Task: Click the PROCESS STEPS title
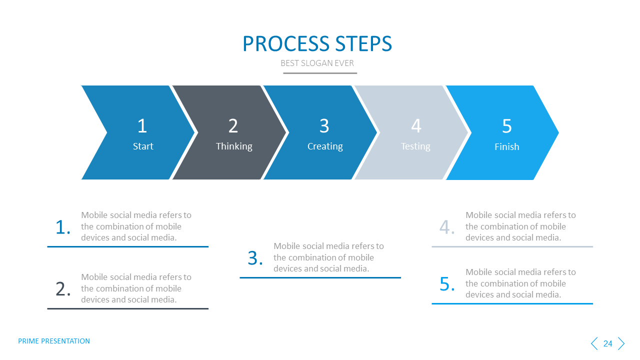pyautogui.click(x=317, y=44)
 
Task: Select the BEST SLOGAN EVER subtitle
pyautogui.click(x=317, y=63)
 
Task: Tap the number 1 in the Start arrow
pyautogui.click(x=142, y=126)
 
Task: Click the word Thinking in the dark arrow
pyautogui.click(x=234, y=146)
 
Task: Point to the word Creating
pyautogui.click(x=325, y=146)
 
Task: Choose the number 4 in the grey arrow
pyautogui.click(x=416, y=126)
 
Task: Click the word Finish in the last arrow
pyautogui.click(x=506, y=146)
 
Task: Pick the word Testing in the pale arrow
pyautogui.click(x=415, y=146)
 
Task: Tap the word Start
pyautogui.click(x=143, y=146)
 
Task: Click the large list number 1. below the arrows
pyautogui.click(x=62, y=227)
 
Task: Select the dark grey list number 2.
pyautogui.click(x=62, y=289)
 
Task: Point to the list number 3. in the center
pyautogui.click(x=255, y=258)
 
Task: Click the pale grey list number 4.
pyautogui.click(x=447, y=227)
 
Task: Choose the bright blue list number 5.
pyautogui.click(x=447, y=284)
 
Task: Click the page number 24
pyautogui.click(x=607, y=343)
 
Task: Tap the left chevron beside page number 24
pyautogui.click(x=594, y=343)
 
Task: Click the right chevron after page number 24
pyautogui.click(x=621, y=343)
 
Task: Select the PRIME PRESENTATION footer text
pyautogui.click(x=54, y=341)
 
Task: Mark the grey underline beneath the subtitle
pyautogui.click(x=320, y=73)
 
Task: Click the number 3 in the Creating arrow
pyautogui.click(x=324, y=126)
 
